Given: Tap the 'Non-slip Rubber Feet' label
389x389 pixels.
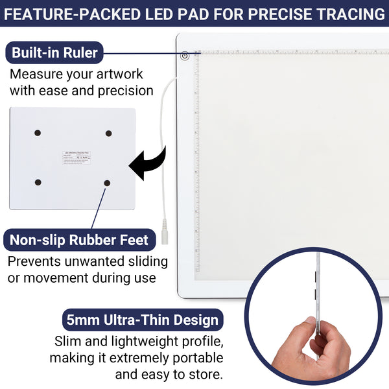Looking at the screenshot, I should point(79,240).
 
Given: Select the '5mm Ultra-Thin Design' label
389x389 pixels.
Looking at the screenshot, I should point(143,320).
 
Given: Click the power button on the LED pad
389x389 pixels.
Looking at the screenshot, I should point(185,56).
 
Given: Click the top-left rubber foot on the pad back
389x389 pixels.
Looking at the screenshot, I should point(38,133).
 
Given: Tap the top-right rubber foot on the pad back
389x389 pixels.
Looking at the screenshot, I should point(109,133).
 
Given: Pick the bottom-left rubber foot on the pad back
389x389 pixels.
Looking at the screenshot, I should point(38,182).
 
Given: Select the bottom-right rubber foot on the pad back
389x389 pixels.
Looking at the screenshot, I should point(106,183).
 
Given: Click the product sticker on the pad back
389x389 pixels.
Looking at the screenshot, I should point(78,158).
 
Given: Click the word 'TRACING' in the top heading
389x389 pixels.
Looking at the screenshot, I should point(354,14).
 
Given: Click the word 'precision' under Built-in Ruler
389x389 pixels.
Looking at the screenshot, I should point(121,90).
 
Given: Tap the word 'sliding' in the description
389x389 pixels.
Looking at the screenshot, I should point(147,262).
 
